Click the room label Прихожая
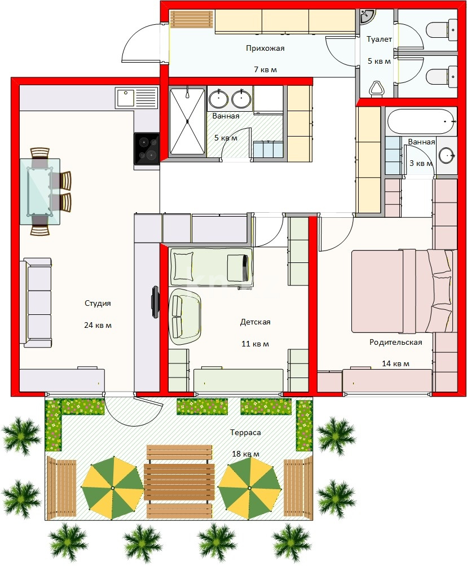[265, 48]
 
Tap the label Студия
[98, 303]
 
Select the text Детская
[255, 322]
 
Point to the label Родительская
[395, 342]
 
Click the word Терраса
[245, 432]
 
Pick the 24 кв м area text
[98, 325]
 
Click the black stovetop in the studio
[147, 148]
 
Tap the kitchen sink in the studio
[136, 98]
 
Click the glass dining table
[39, 191]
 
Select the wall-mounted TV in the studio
[155, 302]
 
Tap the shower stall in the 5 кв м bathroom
[187, 122]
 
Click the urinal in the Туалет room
[376, 89]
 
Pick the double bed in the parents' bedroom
[402, 291]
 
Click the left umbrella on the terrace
[113, 488]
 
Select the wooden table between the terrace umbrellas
[179, 482]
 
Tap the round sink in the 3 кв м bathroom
[447, 156]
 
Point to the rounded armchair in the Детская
[185, 317]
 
